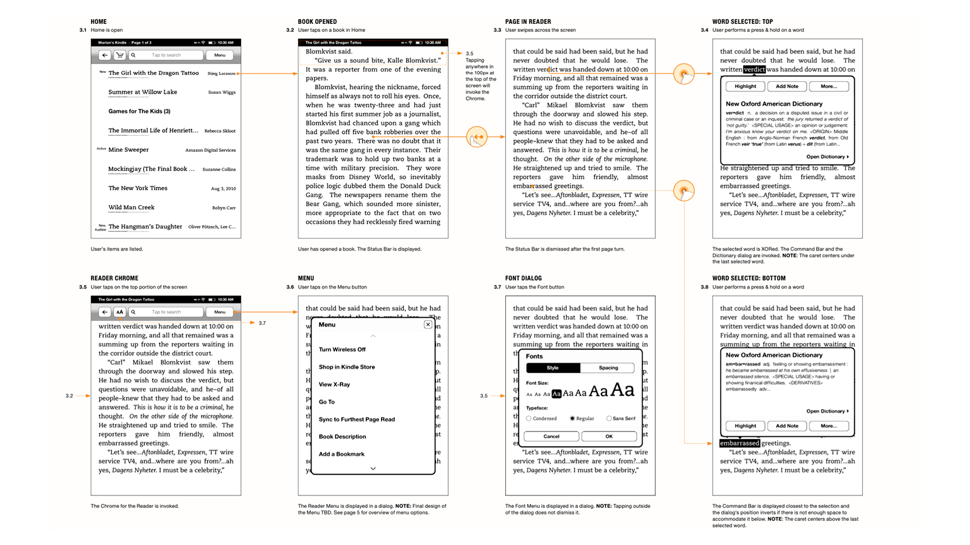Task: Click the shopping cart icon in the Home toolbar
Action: click(120, 55)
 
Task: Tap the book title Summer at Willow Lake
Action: click(142, 92)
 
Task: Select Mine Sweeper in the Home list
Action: click(128, 150)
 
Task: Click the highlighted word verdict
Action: click(754, 69)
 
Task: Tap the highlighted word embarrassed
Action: click(739, 443)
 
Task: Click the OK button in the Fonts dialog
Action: click(609, 436)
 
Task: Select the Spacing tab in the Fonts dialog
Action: click(608, 368)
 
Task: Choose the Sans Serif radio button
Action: click(609, 418)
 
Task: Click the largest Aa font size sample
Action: click(622, 390)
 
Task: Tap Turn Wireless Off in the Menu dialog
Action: click(342, 350)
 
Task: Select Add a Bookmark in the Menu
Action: click(341, 454)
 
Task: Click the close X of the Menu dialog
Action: click(428, 324)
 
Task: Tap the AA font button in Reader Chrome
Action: click(120, 312)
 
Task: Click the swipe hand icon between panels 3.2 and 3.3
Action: click(477, 137)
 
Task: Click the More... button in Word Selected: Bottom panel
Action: click(828, 426)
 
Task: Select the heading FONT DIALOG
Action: click(523, 278)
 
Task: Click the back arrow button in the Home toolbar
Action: click(105, 55)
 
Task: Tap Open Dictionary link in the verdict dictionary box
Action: click(826, 157)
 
